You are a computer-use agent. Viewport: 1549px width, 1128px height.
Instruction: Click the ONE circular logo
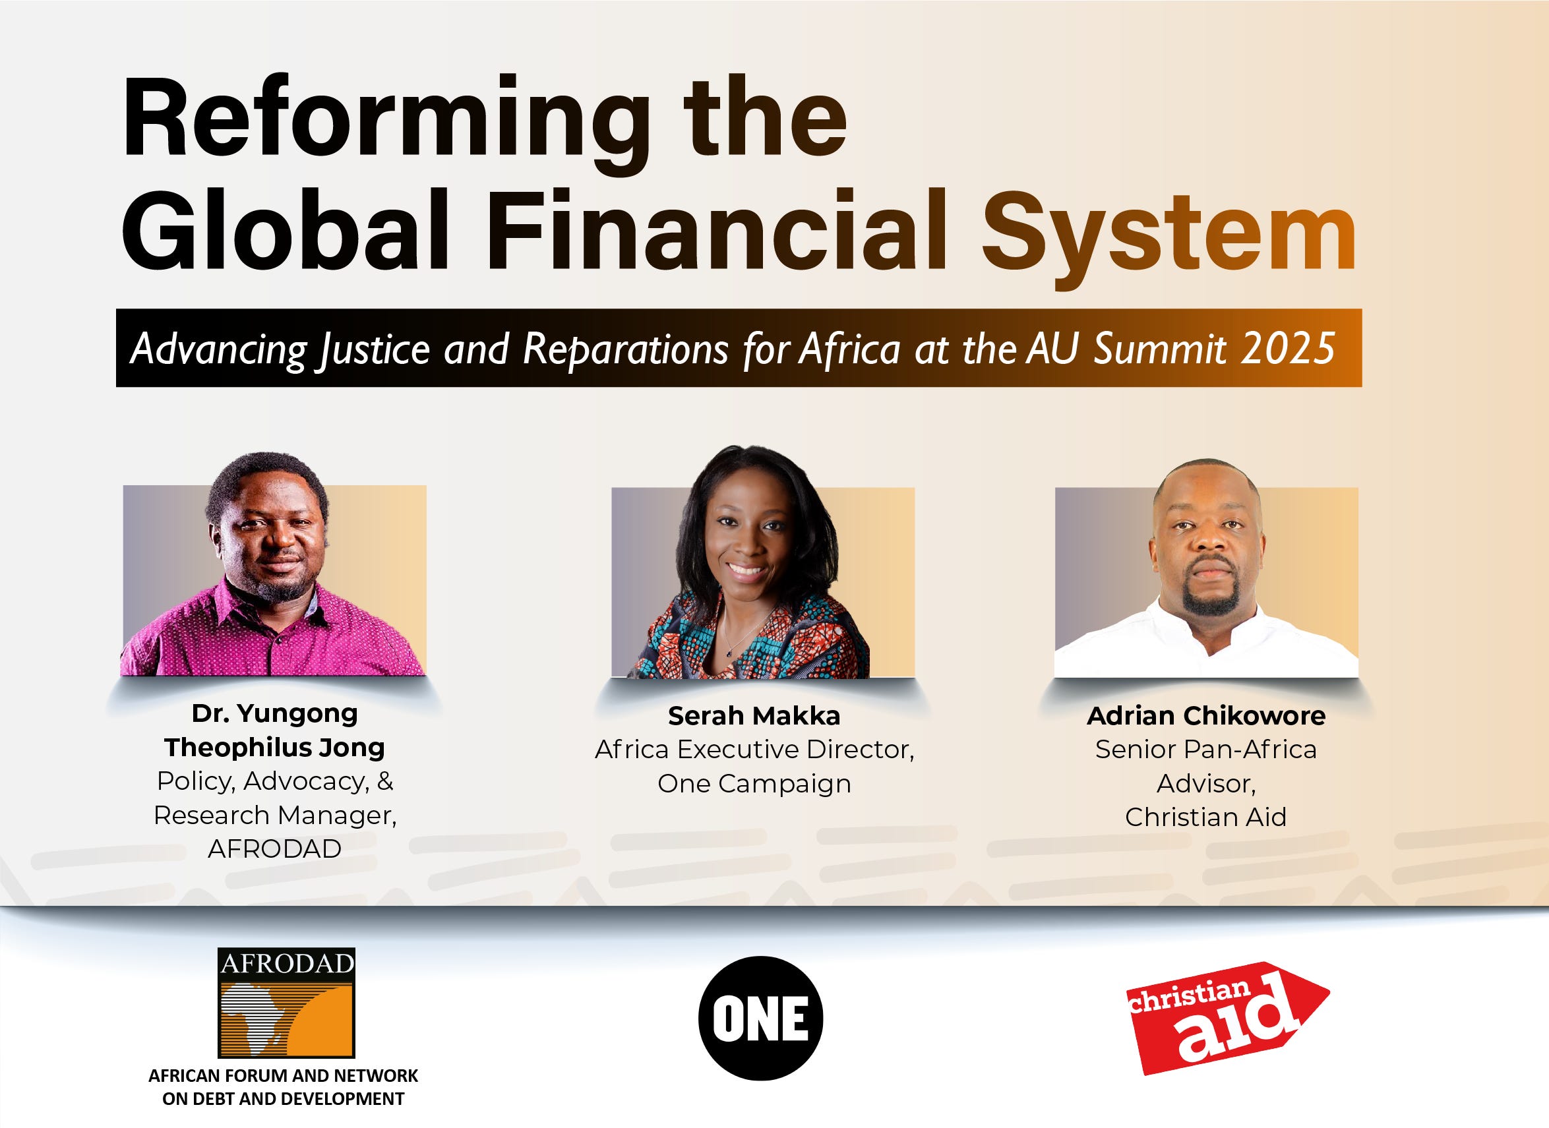[760, 1018]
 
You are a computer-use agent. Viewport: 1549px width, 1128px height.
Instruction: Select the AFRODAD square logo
[286, 1002]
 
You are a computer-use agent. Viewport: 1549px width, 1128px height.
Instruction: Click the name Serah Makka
[754, 715]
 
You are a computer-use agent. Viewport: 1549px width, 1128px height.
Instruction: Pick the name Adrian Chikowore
[1205, 715]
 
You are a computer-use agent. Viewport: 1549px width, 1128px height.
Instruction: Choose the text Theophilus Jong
[274, 747]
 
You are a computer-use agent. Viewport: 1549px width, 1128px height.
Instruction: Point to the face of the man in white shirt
[1208, 547]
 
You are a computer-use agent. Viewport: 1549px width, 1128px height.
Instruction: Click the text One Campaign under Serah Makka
[754, 783]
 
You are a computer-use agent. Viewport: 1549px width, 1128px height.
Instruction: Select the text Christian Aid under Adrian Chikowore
[1205, 817]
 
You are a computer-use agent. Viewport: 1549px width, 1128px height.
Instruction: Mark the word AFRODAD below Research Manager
[274, 848]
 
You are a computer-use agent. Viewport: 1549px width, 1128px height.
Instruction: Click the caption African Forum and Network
[283, 1076]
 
